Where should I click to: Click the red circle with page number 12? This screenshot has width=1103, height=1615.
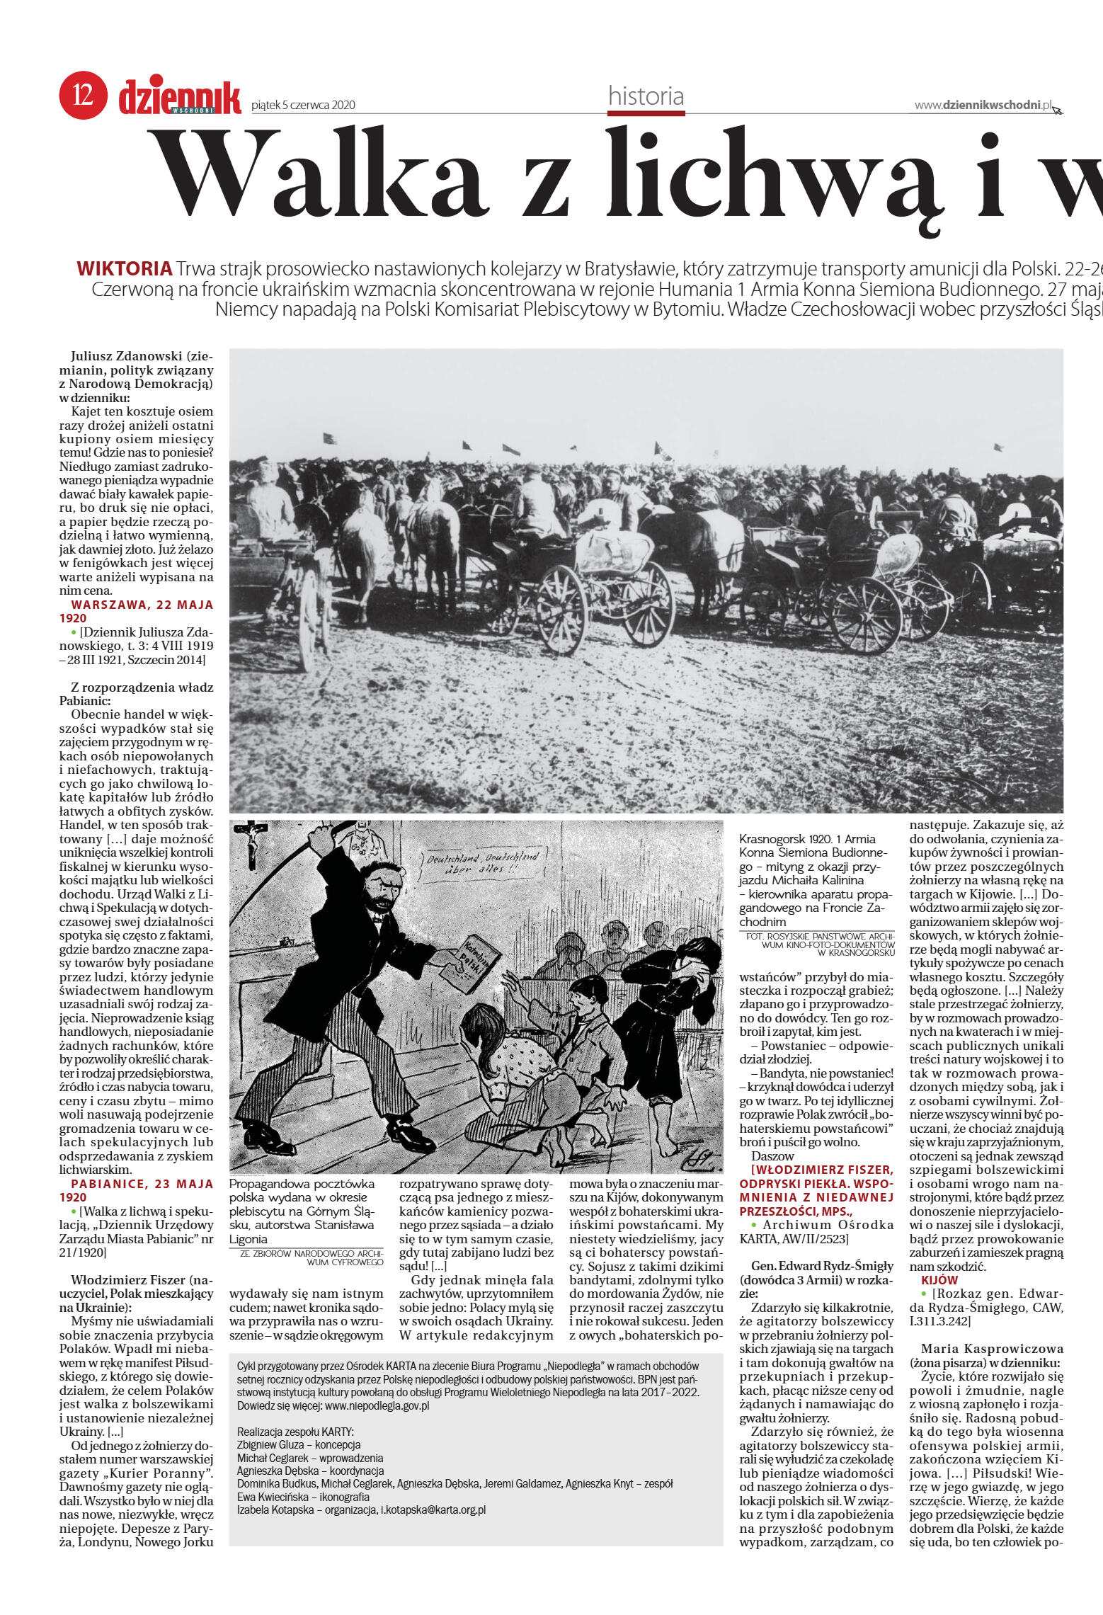click(x=84, y=94)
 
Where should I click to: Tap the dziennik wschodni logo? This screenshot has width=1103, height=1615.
click(x=180, y=97)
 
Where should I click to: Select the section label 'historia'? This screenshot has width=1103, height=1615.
click(x=646, y=96)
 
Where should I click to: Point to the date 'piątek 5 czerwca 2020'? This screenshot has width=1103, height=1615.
click(x=303, y=105)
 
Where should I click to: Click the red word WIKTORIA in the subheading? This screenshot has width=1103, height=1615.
click(x=125, y=269)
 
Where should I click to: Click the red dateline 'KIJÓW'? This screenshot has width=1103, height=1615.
click(x=939, y=1280)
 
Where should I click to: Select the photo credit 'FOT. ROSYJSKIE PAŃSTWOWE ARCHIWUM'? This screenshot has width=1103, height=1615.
click(x=820, y=945)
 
